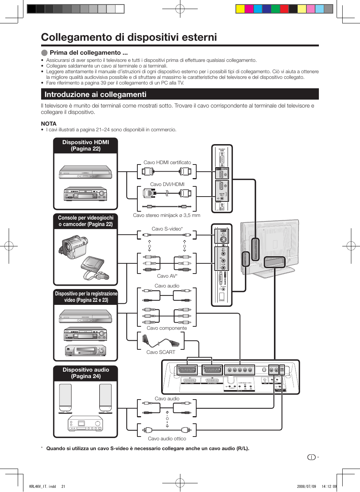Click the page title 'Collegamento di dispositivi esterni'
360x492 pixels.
(129, 37)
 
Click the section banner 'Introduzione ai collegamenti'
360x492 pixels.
(95, 95)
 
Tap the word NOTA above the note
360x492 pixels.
(49, 124)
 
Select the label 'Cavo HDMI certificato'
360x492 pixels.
(167, 163)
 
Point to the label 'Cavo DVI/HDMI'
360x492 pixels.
(167, 184)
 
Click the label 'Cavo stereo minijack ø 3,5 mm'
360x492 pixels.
(166, 215)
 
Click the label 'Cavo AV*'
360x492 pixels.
(167, 276)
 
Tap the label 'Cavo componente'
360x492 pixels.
(166, 328)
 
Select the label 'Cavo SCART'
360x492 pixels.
(161, 352)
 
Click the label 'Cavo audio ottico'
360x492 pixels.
(167, 439)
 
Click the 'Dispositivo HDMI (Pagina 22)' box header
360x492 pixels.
(86, 146)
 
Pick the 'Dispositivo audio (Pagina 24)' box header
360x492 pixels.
(86, 373)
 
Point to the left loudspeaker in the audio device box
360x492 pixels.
(65, 398)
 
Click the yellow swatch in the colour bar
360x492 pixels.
(240, 9)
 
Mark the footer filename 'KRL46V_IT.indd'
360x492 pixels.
(42, 486)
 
